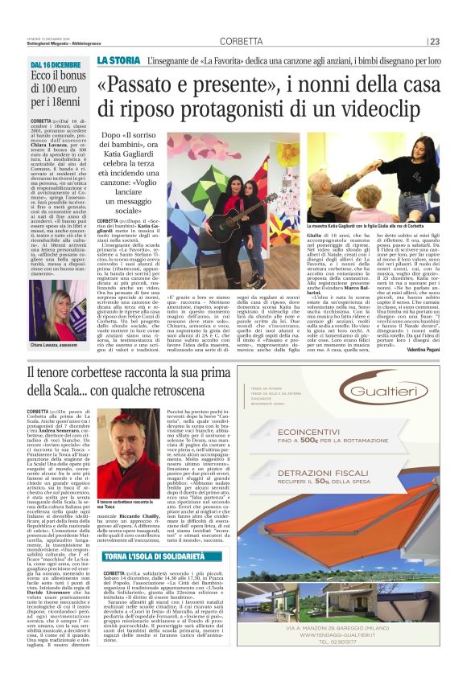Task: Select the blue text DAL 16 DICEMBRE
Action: click(56, 64)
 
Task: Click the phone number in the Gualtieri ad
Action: click(346, 663)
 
